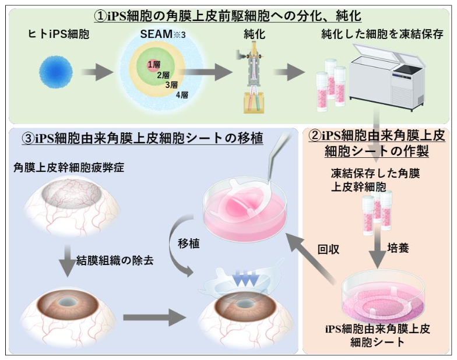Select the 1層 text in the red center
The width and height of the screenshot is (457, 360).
point(153,64)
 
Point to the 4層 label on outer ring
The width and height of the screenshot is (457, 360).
point(182,95)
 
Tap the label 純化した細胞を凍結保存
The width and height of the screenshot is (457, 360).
point(382,35)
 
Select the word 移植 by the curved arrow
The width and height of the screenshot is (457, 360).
point(189,244)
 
